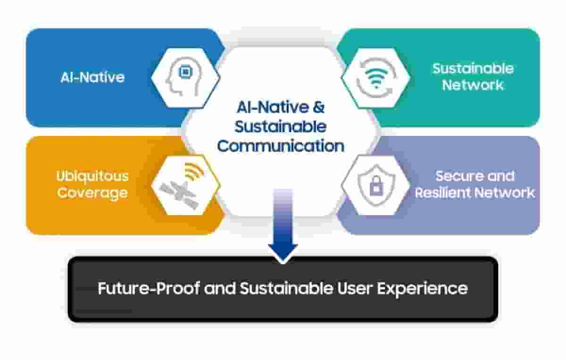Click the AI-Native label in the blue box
coord(92,77)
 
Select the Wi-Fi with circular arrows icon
coord(375,78)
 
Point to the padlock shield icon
coord(375,184)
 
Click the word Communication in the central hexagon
coord(281,146)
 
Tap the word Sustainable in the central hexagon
coord(281,127)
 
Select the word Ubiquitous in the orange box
coord(92,176)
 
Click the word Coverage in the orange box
coord(92,193)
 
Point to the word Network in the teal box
coord(473,85)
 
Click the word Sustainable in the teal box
coord(473,68)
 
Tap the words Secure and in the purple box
coord(474,176)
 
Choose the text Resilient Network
coord(474,193)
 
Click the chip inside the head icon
coord(186,72)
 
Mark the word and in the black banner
coord(220,288)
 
